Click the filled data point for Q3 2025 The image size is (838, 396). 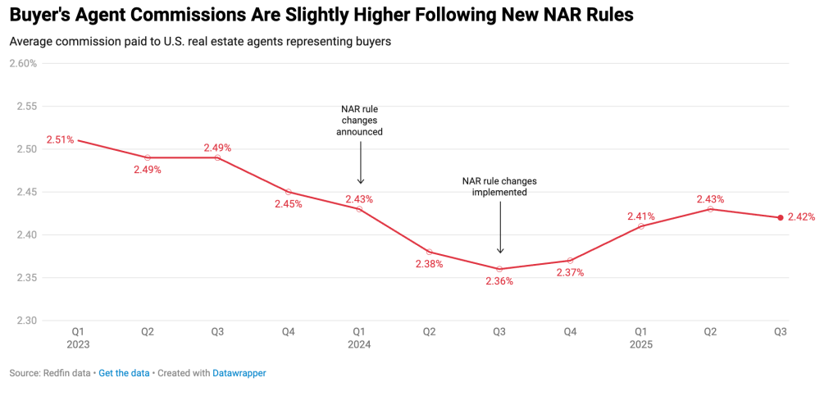point(781,217)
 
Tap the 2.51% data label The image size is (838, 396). point(60,139)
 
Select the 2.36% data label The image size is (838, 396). point(499,281)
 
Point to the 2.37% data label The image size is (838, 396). point(570,272)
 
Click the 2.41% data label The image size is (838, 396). point(640,216)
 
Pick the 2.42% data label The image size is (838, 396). point(802,217)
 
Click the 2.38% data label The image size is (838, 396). point(429,264)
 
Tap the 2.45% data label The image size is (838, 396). point(289,204)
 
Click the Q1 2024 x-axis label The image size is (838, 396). point(358,339)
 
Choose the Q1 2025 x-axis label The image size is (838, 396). point(640,339)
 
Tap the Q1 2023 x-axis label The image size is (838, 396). point(78,339)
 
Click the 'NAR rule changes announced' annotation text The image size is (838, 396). point(360,121)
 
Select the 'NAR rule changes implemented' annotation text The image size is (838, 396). point(499,186)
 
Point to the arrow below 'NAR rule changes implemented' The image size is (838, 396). point(500,226)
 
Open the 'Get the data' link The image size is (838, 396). point(124,373)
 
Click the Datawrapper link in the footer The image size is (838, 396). point(239,373)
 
